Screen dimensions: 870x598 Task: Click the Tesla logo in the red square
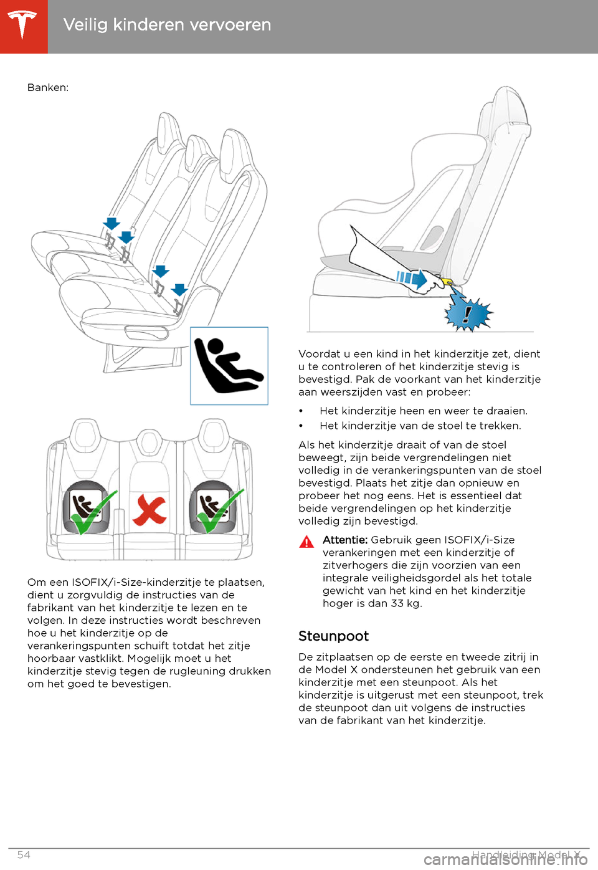[24, 26]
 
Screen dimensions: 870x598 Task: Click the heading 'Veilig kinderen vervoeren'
[167, 25]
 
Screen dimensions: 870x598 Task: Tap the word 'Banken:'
[48, 88]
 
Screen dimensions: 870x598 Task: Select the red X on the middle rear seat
[149, 510]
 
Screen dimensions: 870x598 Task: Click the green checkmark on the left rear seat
[93, 513]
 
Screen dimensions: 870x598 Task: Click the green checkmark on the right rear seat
[219, 512]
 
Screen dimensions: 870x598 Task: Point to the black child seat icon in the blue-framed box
[228, 366]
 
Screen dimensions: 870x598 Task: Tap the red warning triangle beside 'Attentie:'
[306, 542]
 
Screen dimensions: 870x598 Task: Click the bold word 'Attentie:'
[345, 540]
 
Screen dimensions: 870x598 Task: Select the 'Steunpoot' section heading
[333, 636]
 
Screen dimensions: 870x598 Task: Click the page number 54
[24, 855]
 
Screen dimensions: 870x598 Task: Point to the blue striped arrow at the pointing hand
[412, 277]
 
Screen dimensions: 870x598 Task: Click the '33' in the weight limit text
[397, 603]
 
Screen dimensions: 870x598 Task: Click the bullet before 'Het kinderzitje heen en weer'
[301, 411]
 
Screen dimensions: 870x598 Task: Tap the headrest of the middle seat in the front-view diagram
[149, 441]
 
